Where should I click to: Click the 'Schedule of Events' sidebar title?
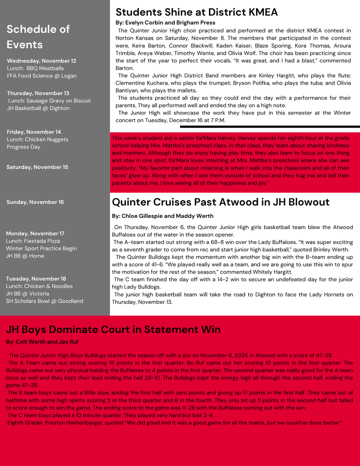[x=38, y=37]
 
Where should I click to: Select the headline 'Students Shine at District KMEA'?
[x=196, y=12]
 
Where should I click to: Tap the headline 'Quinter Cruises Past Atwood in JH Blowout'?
[x=221, y=202]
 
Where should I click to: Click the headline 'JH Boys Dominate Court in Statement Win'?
[x=113, y=330]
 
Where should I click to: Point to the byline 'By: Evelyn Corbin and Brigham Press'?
[x=165, y=22]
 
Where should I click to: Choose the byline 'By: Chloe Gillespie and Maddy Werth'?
[x=162, y=216]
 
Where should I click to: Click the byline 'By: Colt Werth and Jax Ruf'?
[x=42, y=342]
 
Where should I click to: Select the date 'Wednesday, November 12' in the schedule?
[x=41, y=61]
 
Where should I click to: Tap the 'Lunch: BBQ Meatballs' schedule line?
[x=35, y=68]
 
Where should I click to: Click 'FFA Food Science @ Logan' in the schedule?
[x=41, y=76]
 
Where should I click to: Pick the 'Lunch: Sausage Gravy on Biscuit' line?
[x=49, y=101]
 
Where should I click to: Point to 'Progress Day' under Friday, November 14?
[x=24, y=147]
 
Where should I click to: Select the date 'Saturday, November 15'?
[x=37, y=167]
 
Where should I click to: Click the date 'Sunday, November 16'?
[x=35, y=202]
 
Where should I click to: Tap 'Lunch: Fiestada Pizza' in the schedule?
[x=33, y=241]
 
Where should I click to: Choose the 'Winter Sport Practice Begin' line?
[x=41, y=248]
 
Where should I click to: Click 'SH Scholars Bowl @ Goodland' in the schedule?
[x=44, y=301]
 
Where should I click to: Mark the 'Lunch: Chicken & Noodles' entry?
[x=39, y=286]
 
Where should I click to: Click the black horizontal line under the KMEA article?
[x=270, y=126]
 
